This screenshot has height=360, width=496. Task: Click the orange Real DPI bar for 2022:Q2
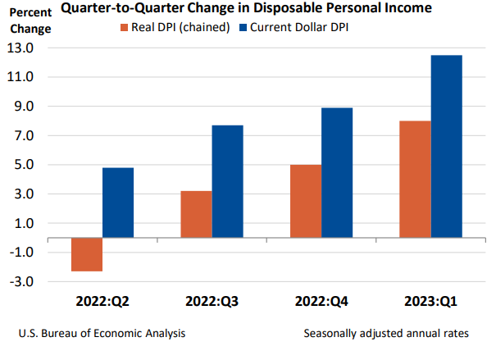(87, 254)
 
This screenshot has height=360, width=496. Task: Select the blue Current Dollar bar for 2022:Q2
(118, 203)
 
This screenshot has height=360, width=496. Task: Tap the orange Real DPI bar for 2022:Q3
(196, 214)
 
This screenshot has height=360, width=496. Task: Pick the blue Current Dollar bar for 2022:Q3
(227, 181)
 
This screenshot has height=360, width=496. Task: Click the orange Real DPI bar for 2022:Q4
(305, 201)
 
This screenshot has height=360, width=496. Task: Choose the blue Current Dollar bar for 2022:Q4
(337, 172)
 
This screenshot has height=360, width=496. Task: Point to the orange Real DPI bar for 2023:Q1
(415, 179)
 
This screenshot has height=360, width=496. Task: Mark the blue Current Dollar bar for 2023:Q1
(447, 146)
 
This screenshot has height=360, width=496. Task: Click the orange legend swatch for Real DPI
(125, 28)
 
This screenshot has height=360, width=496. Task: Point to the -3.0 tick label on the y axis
(21, 282)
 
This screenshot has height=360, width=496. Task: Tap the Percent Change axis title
(30, 22)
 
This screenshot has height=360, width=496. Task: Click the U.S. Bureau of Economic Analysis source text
(101, 334)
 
